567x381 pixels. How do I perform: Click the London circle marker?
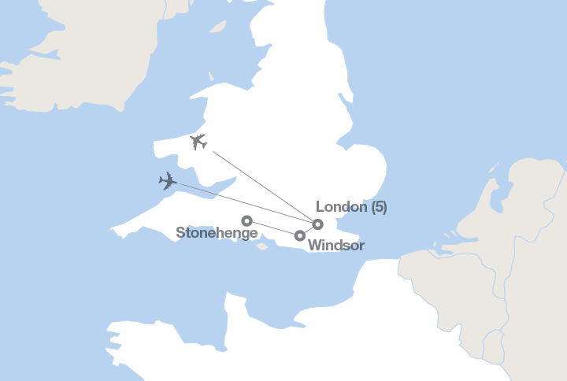[x=318, y=224]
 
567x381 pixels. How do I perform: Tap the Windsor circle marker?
[x=300, y=235]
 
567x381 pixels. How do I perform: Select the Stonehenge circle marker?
[x=246, y=221]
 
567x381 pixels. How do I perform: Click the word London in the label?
[x=341, y=207]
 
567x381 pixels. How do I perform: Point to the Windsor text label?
[x=336, y=246]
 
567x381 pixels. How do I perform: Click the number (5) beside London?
[x=379, y=207]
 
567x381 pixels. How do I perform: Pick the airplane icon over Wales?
[x=198, y=142]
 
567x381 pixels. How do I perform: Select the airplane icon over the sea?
[x=168, y=182]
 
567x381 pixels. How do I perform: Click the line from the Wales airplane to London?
[x=260, y=183]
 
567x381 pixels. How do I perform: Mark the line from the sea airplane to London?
[x=244, y=203]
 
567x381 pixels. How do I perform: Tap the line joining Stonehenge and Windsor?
[x=273, y=228]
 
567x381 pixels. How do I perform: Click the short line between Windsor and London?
[x=309, y=230]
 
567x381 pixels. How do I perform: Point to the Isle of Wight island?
[x=262, y=246]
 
